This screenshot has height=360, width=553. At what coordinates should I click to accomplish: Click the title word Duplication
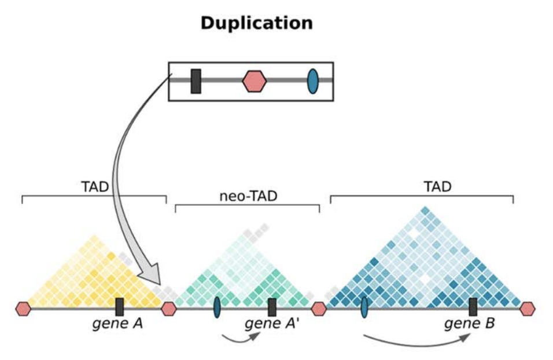(x=256, y=23)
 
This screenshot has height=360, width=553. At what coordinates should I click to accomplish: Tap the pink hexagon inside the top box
(x=254, y=81)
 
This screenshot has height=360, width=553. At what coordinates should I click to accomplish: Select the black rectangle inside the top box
(x=196, y=81)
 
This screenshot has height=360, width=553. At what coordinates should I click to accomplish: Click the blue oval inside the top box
(x=312, y=81)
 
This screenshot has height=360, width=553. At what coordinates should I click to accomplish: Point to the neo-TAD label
(x=248, y=196)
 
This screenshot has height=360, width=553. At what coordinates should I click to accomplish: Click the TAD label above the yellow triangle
(x=95, y=187)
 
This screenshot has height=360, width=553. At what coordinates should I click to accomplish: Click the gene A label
(x=117, y=324)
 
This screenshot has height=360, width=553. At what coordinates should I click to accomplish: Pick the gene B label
(x=469, y=324)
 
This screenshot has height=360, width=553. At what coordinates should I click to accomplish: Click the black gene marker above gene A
(x=119, y=307)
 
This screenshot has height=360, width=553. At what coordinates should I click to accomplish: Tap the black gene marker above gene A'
(x=272, y=307)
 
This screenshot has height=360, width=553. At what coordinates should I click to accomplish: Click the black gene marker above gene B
(x=473, y=307)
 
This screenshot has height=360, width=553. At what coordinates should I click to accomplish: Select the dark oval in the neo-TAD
(x=217, y=307)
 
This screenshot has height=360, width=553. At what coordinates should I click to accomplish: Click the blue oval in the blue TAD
(x=364, y=307)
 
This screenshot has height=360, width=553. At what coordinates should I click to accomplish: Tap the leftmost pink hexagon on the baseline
(x=23, y=308)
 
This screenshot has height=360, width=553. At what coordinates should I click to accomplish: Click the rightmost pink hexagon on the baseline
(x=527, y=308)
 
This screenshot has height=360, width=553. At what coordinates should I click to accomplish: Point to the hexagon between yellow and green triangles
(x=168, y=308)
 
